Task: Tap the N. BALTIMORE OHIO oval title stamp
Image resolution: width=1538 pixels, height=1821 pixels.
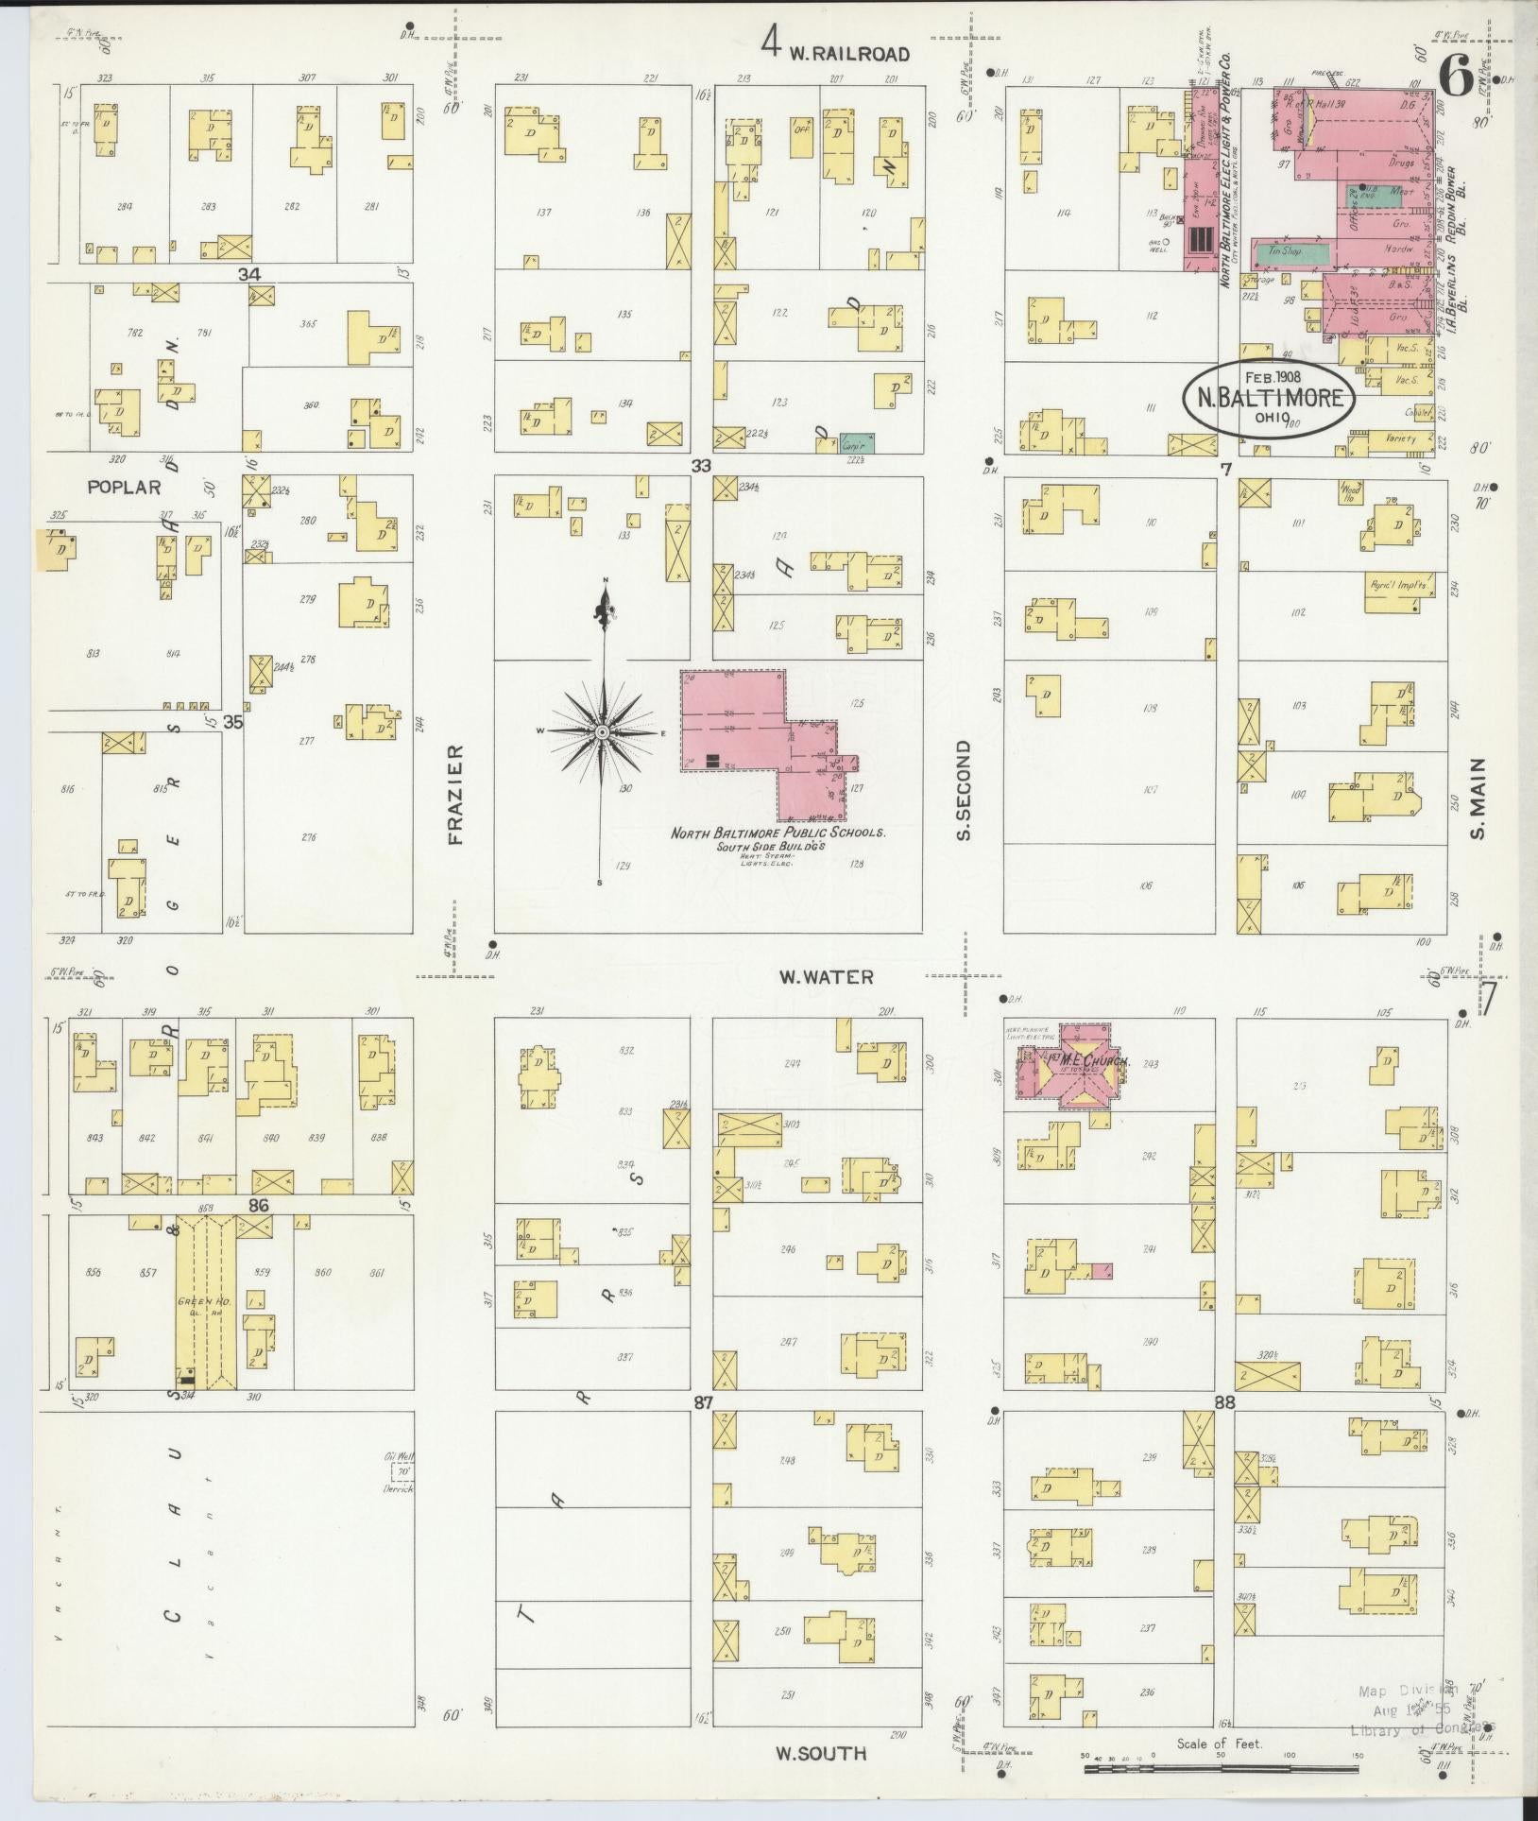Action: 1270,398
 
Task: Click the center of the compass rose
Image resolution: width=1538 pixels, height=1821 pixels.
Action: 602,732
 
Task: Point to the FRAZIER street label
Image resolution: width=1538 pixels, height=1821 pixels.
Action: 455,795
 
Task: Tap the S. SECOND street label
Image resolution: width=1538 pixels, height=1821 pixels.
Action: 964,790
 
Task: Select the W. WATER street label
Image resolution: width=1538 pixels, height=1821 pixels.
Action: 826,977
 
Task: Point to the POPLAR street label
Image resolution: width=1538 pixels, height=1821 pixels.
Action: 124,489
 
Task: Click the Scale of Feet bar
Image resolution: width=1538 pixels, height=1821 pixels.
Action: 1220,1765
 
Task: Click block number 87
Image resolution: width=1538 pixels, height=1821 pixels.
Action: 702,1403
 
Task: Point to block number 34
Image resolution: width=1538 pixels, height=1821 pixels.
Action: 248,274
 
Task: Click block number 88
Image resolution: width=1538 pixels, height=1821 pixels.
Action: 1224,1403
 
